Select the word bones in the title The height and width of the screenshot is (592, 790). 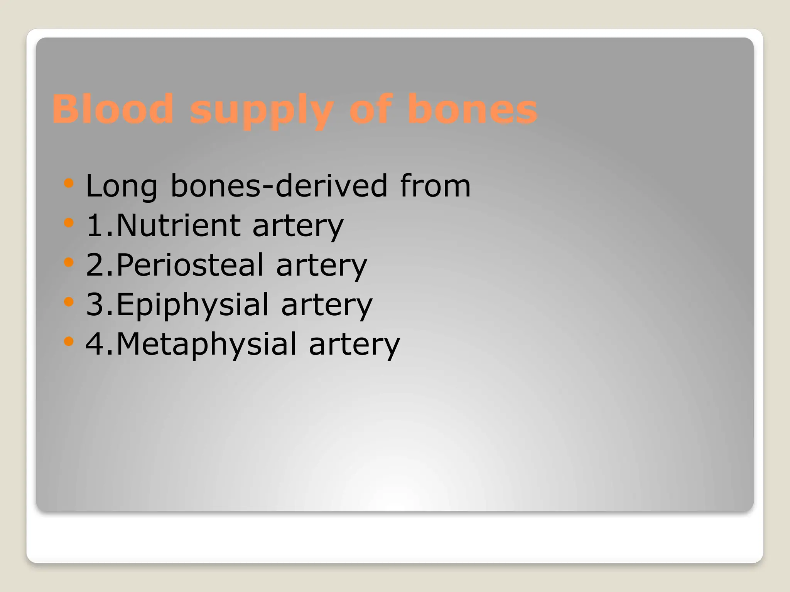[472, 109]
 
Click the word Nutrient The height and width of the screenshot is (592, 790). [179, 225]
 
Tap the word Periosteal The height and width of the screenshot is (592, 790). [190, 265]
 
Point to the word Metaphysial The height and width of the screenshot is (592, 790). [206, 344]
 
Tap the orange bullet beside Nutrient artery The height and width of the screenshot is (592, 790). [69, 222]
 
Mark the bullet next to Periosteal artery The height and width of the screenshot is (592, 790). [69, 262]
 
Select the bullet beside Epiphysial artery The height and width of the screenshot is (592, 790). [69, 301]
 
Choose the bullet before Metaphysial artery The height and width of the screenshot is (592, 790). [69, 341]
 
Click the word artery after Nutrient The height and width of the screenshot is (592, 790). [298, 227]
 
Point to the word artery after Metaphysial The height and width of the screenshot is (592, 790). [354, 345]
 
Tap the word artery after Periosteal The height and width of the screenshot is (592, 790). [322, 266]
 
